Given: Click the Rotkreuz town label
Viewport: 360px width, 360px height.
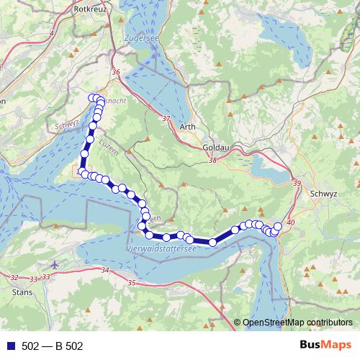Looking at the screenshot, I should (x=91, y=9).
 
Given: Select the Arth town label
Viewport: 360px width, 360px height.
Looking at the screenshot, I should (x=186, y=127).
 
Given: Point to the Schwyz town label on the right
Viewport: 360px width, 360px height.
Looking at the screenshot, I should (x=322, y=194).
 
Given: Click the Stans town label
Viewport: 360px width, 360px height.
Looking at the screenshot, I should (x=22, y=292).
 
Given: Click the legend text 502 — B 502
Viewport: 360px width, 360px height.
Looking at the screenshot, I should (x=53, y=346).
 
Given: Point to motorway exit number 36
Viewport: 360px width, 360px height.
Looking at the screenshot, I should (x=117, y=72).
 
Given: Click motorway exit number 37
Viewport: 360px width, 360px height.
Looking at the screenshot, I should (x=166, y=118).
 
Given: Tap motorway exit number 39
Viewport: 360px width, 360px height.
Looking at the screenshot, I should (x=297, y=185).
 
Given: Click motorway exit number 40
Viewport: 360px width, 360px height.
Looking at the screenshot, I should (x=290, y=223).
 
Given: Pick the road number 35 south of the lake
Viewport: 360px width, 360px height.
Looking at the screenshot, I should (x=131, y=283).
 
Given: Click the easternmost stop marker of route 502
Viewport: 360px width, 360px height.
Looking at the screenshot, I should (x=278, y=227).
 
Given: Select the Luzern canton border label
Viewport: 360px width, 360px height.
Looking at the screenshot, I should (x=106, y=145).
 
